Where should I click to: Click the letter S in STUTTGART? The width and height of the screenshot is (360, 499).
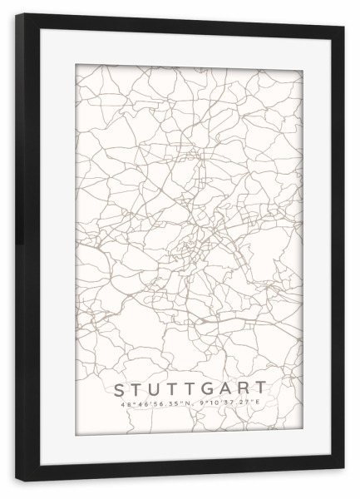coord(118,388)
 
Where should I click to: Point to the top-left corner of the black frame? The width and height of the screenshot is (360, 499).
coord(16,14)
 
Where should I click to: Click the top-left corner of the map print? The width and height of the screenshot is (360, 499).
coord(76,64)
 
